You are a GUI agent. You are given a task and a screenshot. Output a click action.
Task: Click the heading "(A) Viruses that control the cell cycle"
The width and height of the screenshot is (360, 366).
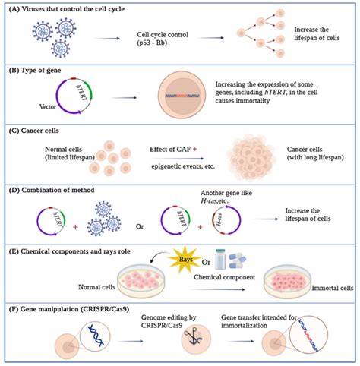coord(68,8)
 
